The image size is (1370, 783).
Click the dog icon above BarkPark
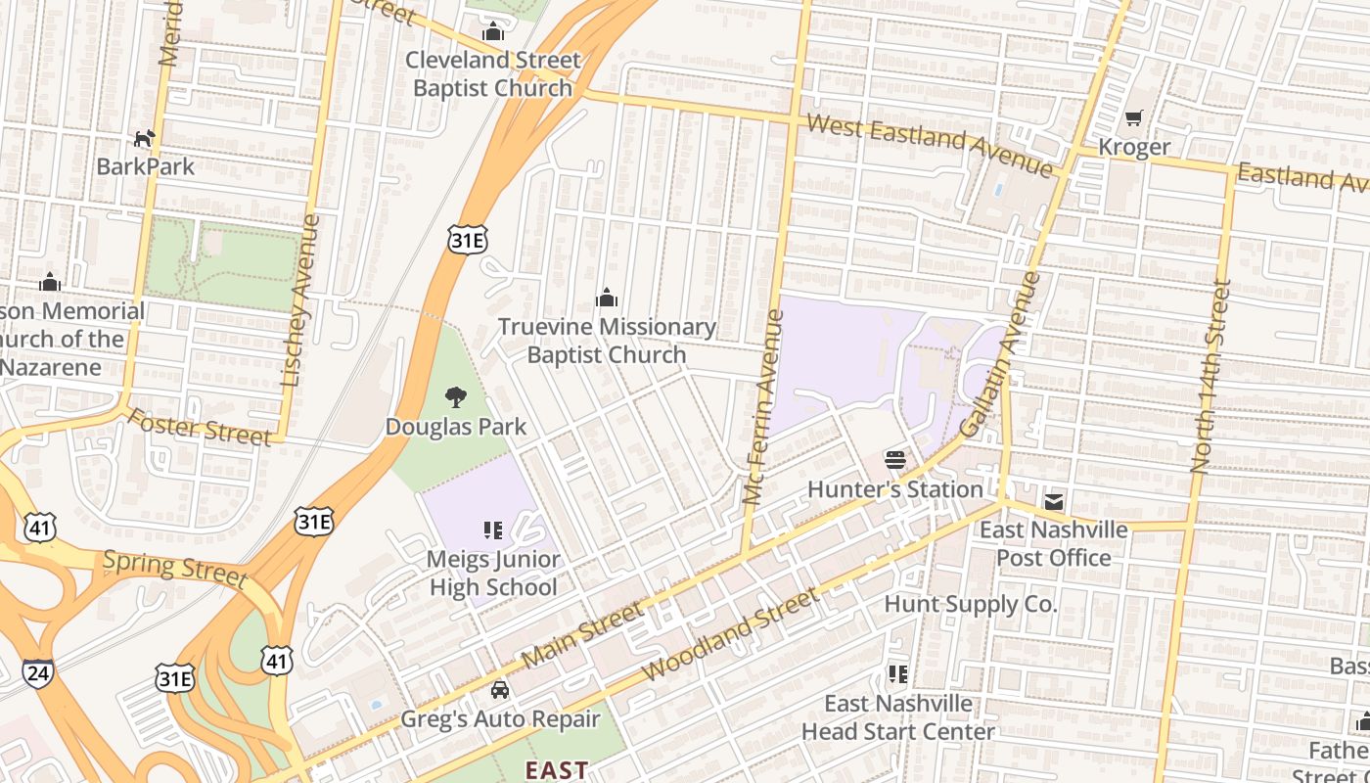(144, 139)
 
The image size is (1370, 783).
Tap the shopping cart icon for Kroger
(1133, 118)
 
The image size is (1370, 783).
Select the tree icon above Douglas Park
(455, 397)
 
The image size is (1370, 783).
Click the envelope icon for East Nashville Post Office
(1053, 502)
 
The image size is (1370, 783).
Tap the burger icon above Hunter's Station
(894, 460)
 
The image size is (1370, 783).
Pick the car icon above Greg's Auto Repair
(500, 690)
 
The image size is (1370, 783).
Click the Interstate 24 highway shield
(37, 672)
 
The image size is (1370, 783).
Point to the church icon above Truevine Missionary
(607, 298)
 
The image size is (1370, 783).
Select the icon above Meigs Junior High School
(493, 530)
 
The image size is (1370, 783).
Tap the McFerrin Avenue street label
(764, 407)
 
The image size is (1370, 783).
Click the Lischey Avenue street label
(300, 300)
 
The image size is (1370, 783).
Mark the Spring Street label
(174, 568)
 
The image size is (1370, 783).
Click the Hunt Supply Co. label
(970, 604)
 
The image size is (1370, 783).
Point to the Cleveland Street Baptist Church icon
(493, 32)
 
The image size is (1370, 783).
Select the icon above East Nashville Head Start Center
(897, 674)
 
